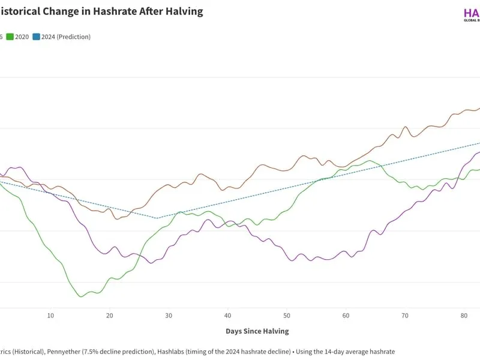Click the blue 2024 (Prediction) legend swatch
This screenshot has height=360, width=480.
37,37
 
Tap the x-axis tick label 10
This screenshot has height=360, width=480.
50,316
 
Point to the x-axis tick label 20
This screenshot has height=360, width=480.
109,316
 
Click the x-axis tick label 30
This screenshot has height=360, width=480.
169,316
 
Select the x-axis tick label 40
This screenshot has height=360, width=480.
228,316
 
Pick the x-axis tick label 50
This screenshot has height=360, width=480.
287,316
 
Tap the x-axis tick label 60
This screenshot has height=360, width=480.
346,316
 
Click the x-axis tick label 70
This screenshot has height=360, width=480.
405,316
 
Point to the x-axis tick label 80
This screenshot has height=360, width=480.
464,316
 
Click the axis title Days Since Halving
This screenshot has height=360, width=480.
257,331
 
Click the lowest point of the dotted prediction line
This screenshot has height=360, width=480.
157,218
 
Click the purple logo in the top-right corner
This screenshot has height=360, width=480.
472,13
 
